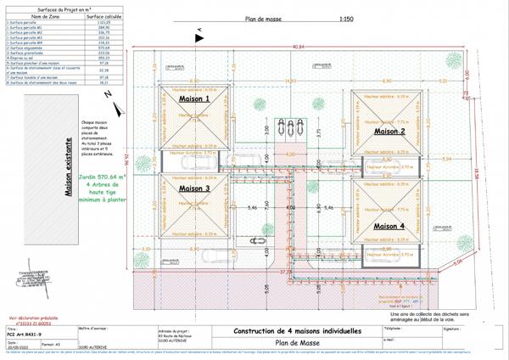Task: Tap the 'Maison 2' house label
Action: (x=389, y=132)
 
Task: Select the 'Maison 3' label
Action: (x=193, y=188)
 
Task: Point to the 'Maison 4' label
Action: (x=389, y=225)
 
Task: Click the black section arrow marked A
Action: (x=199, y=35)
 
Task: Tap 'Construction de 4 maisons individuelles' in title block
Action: (x=297, y=330)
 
